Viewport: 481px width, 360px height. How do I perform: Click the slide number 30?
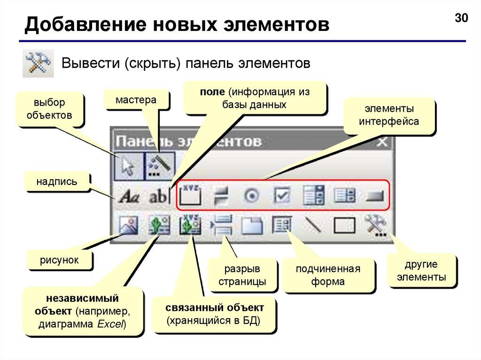click(462, 18)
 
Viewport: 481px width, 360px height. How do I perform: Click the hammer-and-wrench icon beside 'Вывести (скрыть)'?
click(38, 63)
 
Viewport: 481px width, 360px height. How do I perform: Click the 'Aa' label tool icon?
click(127, 196)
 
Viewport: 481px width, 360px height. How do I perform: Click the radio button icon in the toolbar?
click(251, 196)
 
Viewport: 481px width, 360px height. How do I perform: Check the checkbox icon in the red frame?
click(282, 196)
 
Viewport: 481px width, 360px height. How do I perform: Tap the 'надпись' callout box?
click(57, 181)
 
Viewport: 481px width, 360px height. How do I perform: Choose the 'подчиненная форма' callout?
click(327, 275)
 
